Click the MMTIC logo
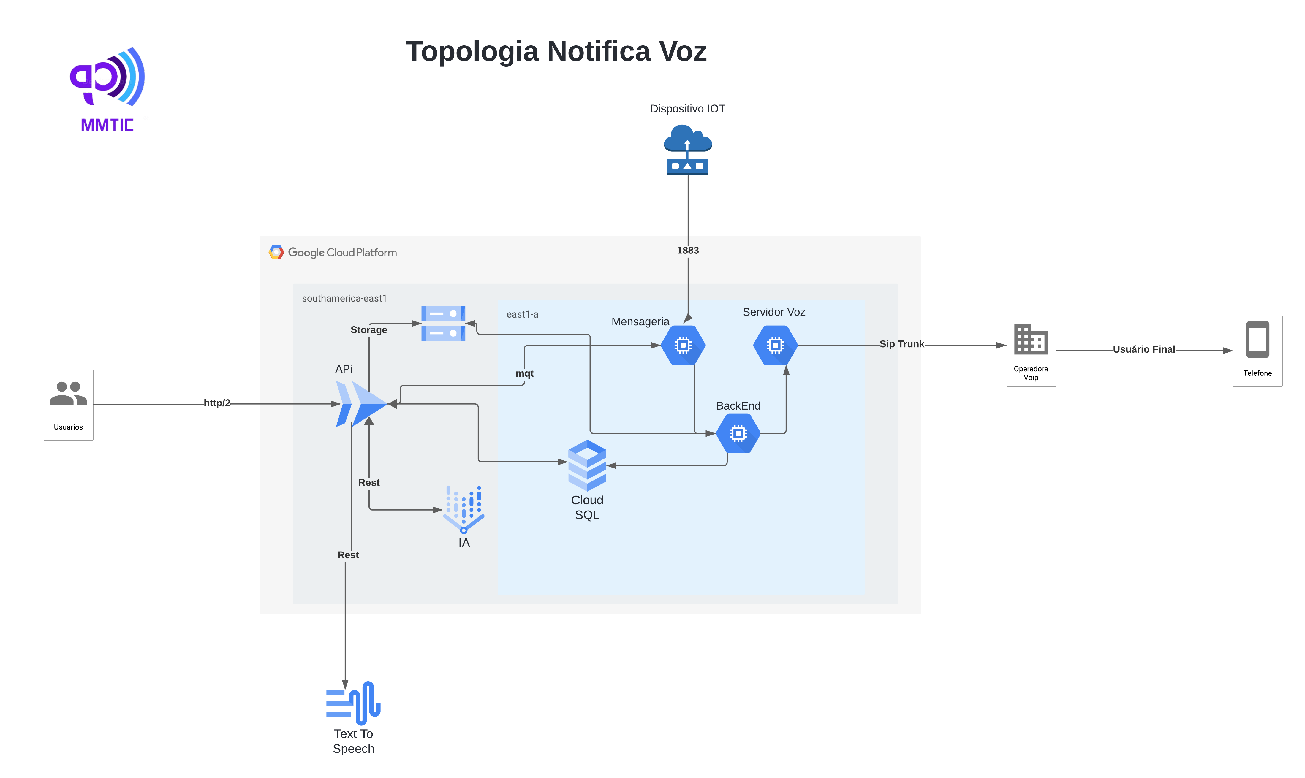(x=107, y=89)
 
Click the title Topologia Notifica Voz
(x=556, y=51)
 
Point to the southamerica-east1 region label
(x=344, y=298)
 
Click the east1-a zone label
(x=522, y=315)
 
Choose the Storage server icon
(x=443, y=324)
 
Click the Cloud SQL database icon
(x=587, y=465)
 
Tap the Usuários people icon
(x=68, y=394)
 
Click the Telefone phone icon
(x=1257, y=339)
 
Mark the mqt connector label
(x=524, y=374)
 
